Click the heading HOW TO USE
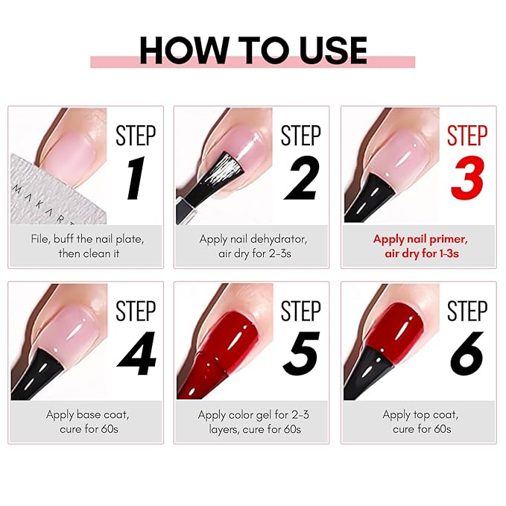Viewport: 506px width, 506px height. point(253,50)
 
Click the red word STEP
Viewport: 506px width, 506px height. point(467,136)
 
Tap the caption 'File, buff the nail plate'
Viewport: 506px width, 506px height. point(86,239)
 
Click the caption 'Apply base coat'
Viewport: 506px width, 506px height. point(86,414)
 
